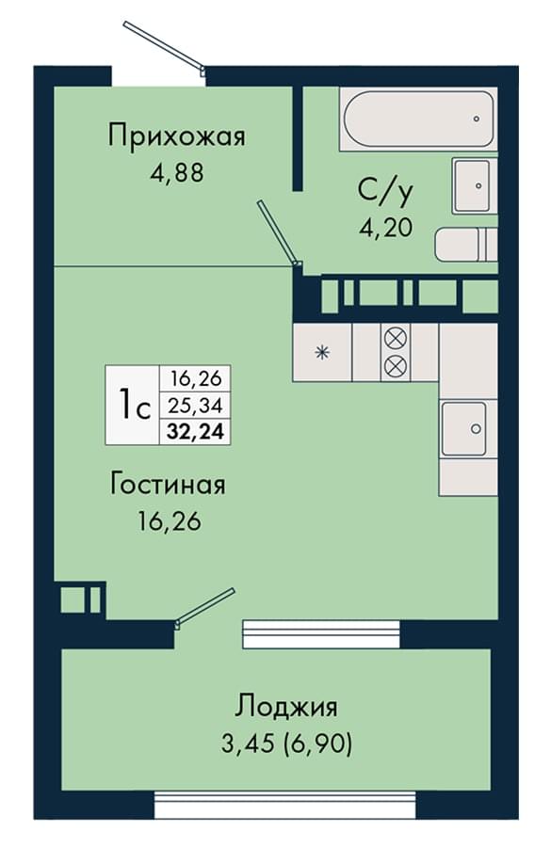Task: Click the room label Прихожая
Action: pyautogui.click(x=177, y=136)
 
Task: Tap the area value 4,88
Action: pyautogui.click(x=177, y=173)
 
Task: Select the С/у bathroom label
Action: pyautogui.click(x=385, y=192)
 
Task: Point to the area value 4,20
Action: pyautogui.click(x=386, y=228)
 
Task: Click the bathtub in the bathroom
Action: pyautogui.click(x=417, y=119)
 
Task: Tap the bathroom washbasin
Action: pyautogui.click(x=473, y=185)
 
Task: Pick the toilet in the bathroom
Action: pyautogui.click(x=465, y=244)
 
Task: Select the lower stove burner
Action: pyautogui.click(x=396, y=367)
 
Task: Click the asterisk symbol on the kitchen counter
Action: pyautogui.click(x=322, y=353)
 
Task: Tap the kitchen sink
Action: pyautogui.click(x=467, y=429)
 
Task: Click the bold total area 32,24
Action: pyautogui.click(x=196, y=432)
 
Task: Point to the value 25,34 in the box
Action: pyautogui.click(x=196, y=405)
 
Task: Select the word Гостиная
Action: pyautogui.click(x=168, y=484)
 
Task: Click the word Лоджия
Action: pyautogui.click(x=286, y=707)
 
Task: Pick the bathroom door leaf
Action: pyautogui.click(x=279, y=233)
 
